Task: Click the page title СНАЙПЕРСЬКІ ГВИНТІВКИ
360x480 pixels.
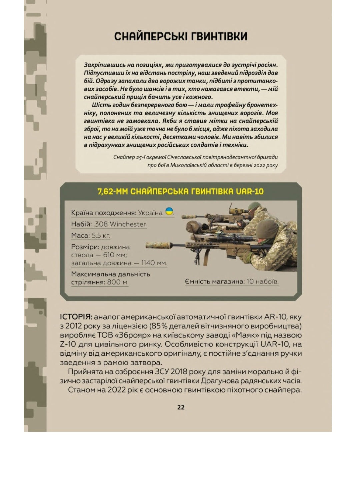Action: [x=181, y=36]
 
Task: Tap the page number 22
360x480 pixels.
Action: [x=181, y=407]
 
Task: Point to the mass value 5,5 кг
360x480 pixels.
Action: [x=101, y=235]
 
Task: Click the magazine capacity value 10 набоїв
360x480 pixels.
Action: [x=262, y=281]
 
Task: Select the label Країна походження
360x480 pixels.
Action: [x=104, y=213]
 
